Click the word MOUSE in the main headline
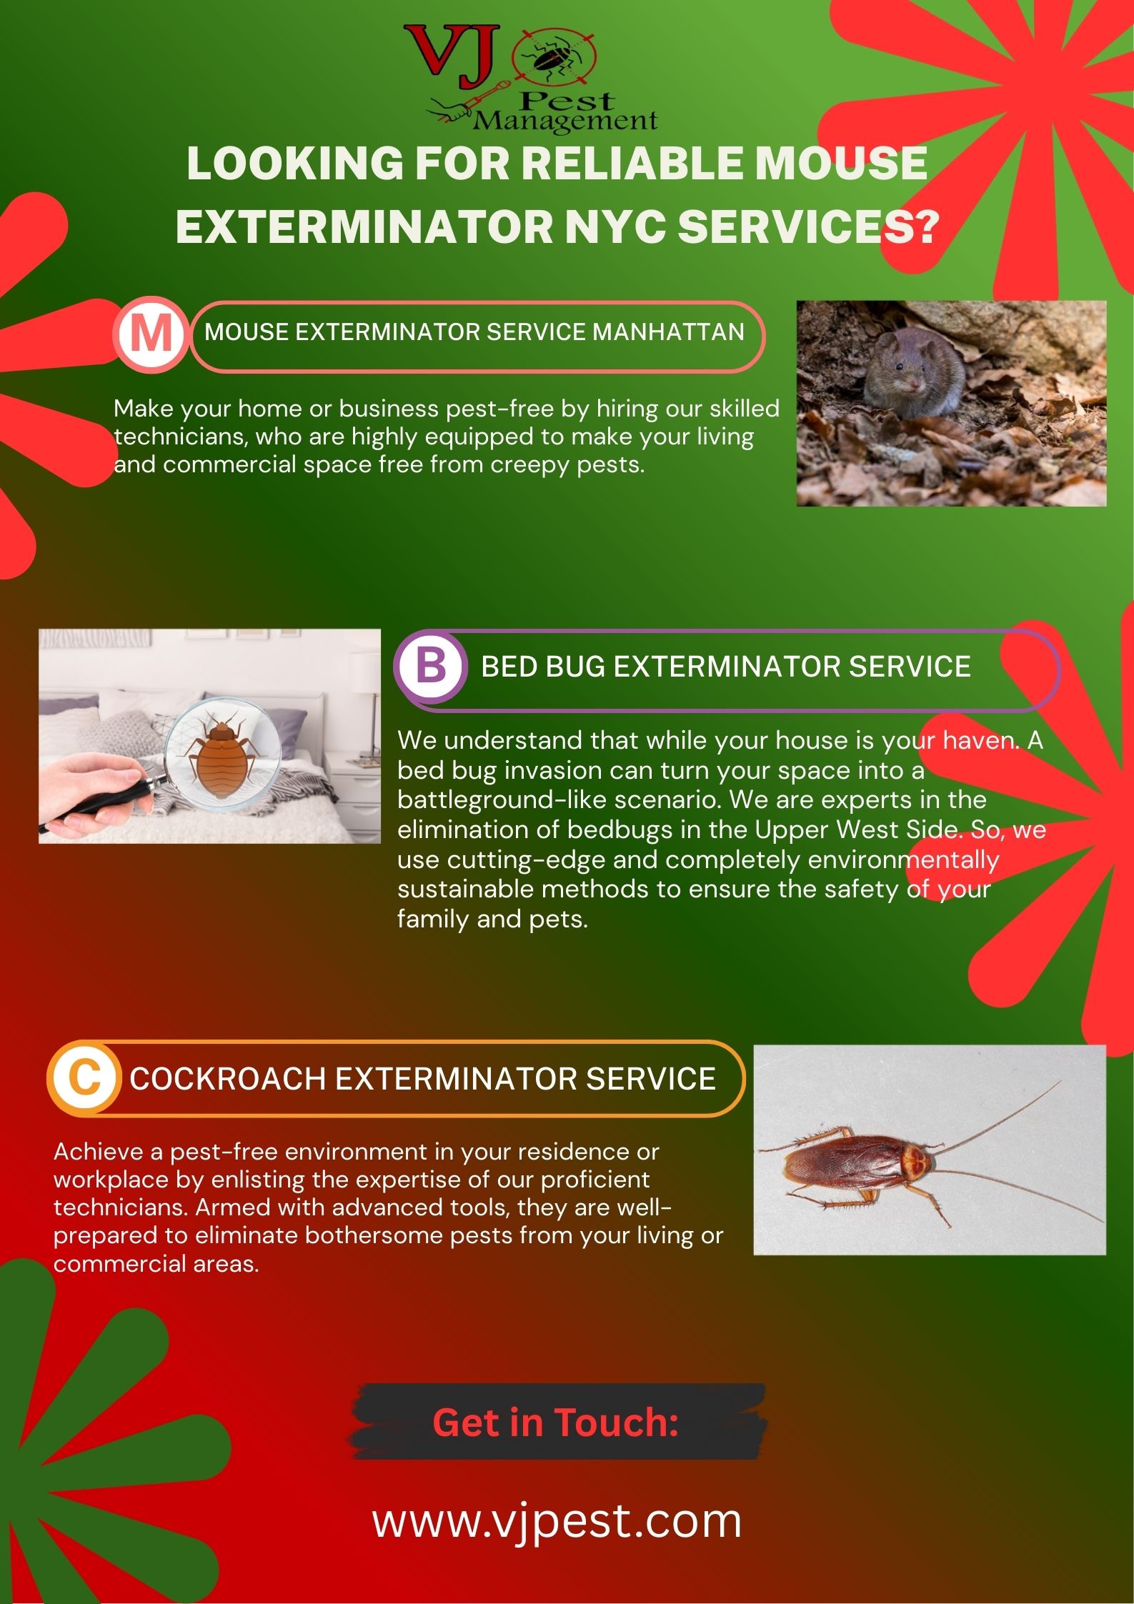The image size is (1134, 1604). [841, 163]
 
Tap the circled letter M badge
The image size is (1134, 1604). [151, 334]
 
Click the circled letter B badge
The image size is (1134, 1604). [431, 666]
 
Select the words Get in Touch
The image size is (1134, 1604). [555, 1422]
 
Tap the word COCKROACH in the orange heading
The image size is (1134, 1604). [228, 1079]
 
